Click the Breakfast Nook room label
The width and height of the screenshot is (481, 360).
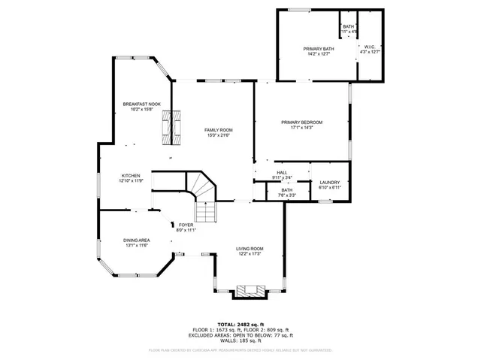(142, 104)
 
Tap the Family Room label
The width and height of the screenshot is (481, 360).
(218, 130)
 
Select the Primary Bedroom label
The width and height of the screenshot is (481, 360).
(301, 122)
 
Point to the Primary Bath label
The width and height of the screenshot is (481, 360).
(317, 48)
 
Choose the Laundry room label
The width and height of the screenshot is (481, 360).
(330, 183)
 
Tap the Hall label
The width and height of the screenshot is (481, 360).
(282, 173)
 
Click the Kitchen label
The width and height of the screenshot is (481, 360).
(129, 176)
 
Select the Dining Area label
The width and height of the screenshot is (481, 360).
(136, 241)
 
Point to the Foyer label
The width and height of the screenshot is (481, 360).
(186, 225)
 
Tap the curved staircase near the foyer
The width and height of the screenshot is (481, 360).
(201, 187)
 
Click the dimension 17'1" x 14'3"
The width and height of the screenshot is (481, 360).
(301, 127)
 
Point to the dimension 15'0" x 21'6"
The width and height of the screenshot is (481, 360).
(218, 135)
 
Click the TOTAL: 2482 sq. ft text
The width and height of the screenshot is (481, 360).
(240, 324)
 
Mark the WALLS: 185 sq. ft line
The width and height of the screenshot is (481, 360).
(240, 341)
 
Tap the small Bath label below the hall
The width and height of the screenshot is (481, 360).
(286, 190)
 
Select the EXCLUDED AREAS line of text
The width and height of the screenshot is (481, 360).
(240, 335)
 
